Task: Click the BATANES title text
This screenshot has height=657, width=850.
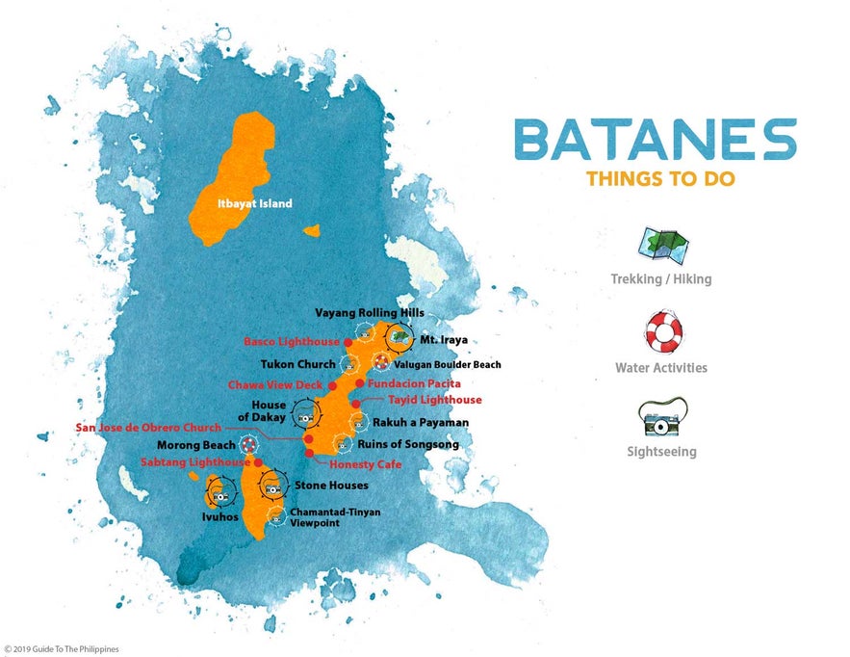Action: point(655,141)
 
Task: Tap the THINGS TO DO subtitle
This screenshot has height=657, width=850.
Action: point(654,179)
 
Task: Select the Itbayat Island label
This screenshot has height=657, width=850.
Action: point(253,203)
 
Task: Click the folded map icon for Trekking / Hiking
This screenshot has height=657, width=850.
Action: point(661,247)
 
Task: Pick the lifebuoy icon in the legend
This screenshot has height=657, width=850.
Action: point(661,332)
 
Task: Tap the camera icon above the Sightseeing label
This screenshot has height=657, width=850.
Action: point(661,417)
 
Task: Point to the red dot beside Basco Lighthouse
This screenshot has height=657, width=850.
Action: point(348,342)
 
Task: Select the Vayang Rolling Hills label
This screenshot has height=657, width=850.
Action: point(370,313)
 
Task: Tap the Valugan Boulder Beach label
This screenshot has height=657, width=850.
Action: point(448,365)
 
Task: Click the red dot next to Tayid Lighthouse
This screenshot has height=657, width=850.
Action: point(355,404)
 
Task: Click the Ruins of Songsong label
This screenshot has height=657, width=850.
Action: point(408,445)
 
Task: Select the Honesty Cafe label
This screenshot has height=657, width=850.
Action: point(365,464)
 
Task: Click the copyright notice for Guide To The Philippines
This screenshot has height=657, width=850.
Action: point(62,649)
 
